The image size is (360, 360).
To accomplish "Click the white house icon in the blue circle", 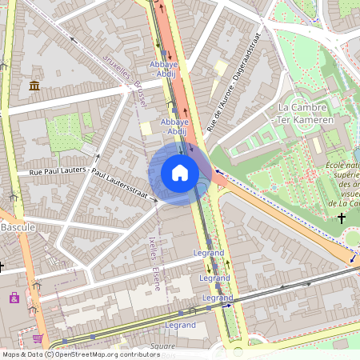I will coord(180,173).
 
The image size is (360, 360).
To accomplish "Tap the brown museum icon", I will coord(34,86).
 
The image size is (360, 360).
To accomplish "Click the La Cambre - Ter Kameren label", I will coord(305,114).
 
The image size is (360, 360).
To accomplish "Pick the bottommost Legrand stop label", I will coord(180,326).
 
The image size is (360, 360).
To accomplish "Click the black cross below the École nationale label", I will coord(342,218).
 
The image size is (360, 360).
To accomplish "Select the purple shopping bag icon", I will coord(14,298).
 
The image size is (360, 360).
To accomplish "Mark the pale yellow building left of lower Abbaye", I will coord(146,128).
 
